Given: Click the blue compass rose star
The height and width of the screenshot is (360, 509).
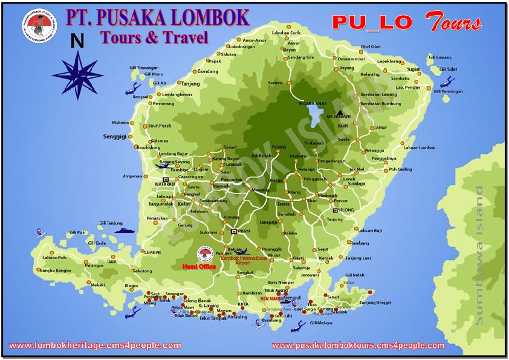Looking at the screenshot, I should [77, 74].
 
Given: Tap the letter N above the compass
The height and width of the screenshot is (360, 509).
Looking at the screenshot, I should [77, 41].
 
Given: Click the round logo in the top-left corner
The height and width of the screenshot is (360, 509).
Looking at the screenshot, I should [37, 26].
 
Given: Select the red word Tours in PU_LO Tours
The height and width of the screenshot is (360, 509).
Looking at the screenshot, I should [454, 22].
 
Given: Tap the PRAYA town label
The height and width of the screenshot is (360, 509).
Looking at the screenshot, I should [244, 231].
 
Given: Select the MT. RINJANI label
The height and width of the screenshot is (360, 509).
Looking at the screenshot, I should [339, 116].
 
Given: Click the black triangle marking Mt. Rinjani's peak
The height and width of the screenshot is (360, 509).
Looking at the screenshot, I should [342, 111].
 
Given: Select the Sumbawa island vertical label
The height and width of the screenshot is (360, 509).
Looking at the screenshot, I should [479, 255].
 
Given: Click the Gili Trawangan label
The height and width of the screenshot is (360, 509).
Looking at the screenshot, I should [144, 67].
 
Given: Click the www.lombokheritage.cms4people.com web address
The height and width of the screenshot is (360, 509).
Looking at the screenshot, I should [95, 346].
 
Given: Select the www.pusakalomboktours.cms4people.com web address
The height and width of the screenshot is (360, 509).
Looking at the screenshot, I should [358, 346].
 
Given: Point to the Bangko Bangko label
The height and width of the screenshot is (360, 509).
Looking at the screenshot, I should [56, 270].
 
